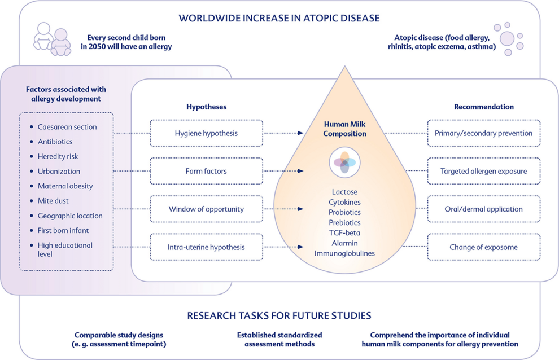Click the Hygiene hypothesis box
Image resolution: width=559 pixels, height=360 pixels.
pyautogui.click(x=206, y=133)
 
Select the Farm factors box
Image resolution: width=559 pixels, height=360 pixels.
pyautogui.click(x=206, y=171)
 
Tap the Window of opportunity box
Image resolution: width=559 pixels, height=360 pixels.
pyautogui.click(x=206, y=209)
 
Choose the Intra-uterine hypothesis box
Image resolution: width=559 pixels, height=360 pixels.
pyautogui.click(x=206, y=247)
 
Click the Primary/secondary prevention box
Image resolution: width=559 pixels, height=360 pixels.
pyautogui.click(x=483, y=133)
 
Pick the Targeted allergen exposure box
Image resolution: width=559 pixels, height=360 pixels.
pyautogui.click(x=483, y=171)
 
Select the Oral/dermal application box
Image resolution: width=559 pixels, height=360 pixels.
pyautogui.click(x=483, y=209)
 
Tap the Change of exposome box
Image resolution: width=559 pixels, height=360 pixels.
pyautogui.click(x=483, y=247)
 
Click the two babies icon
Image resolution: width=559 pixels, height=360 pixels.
pyautogui.click(x=53, y=39)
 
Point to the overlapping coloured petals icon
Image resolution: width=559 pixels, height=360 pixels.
pyautogui.click(x=344, y=163)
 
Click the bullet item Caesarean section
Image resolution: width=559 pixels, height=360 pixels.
pyautogui.click(x=67, y=127)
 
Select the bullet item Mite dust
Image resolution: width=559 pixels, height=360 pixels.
pyautogui.click(x=57, y=201)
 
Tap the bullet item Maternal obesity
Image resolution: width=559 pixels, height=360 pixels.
pyautogui.click(x=65, y=186)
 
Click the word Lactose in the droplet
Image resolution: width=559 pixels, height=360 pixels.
pyautogui.click(x=344, y=192)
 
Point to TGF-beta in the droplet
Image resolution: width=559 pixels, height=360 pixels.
pyautogui.click(x=344, y=232)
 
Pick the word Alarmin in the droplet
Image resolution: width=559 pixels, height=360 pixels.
pyautogui.click(x=344, y=243)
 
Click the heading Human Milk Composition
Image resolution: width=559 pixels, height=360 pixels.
pyautogui.click(x=344, y=129)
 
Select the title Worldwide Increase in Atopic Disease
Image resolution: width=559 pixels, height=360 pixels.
pyautogui.click(x=279, y=18)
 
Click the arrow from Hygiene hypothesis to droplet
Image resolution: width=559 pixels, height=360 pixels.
pyautogui.click(x=283, y=133)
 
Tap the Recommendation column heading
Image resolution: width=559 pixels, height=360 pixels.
pyautogui.click(x=484, y=107)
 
